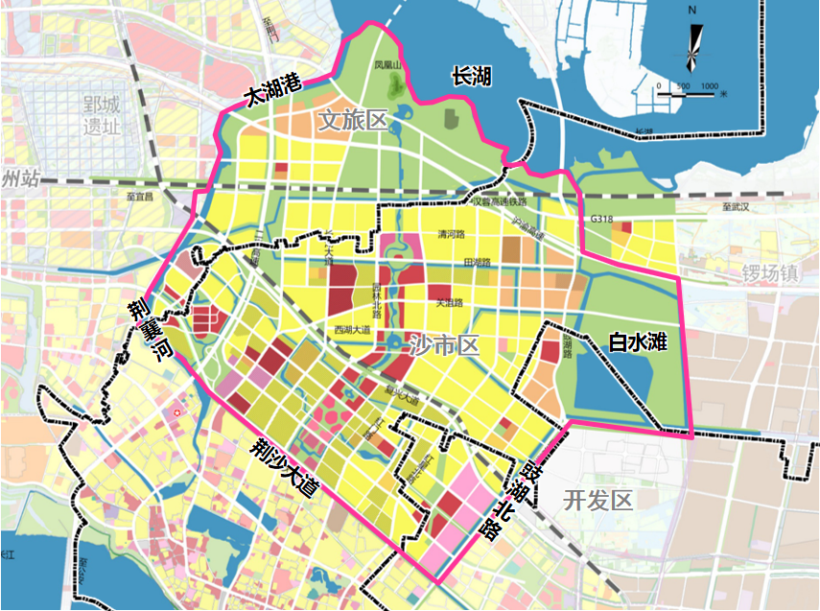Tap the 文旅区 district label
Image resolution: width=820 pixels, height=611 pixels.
tap(352, 120)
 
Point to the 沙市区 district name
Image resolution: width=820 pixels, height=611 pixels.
tap(444, 345)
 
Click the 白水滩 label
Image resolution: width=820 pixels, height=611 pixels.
tap(638, 341)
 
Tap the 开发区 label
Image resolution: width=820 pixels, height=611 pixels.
tap(599, 500)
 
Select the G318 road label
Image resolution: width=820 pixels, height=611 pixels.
tap(602, 220)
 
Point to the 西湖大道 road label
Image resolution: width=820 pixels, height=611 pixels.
tap(351, 329)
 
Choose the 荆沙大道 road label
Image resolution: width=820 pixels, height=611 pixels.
tap(285, 468)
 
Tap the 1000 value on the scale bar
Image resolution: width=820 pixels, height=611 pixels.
tap(710, 87)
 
